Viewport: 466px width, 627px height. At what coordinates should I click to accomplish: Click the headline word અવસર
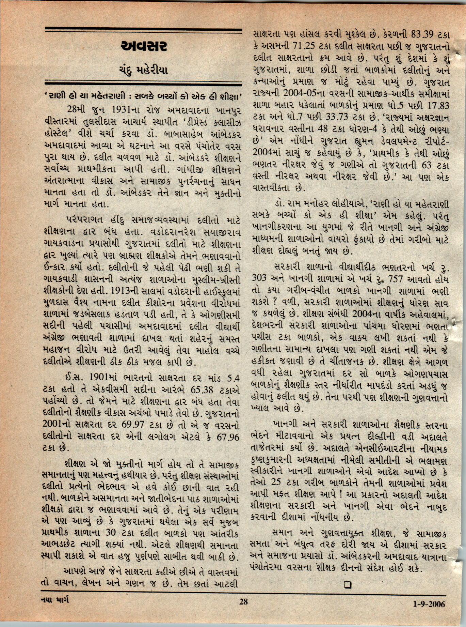(x=144, y=47)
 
